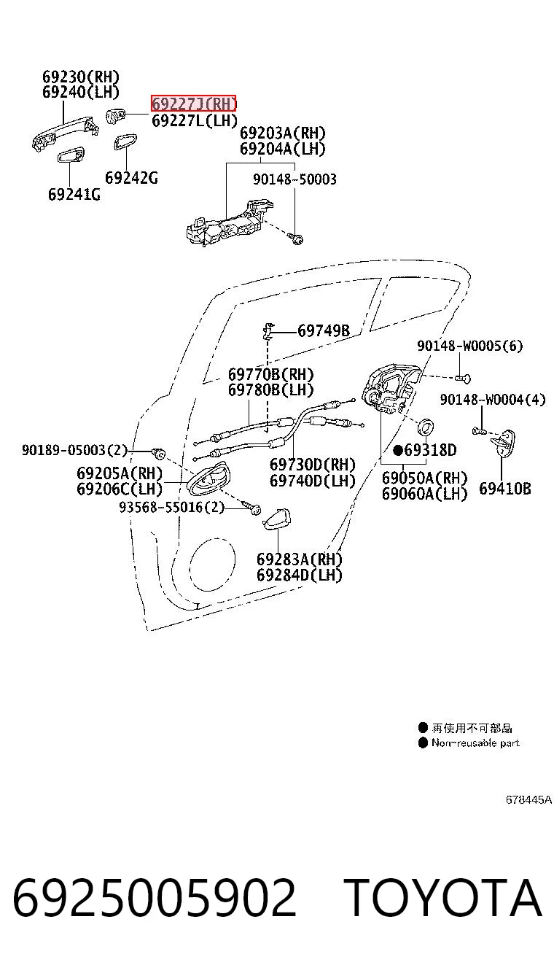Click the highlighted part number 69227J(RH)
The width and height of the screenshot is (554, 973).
193,104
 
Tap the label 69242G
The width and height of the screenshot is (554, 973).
131,178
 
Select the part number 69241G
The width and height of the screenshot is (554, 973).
74,194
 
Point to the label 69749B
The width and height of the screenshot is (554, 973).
324,331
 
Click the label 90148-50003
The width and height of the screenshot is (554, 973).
294,179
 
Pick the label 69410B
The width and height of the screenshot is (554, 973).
505,489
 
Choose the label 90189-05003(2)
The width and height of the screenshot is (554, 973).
74,449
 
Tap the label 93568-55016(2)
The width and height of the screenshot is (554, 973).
171,507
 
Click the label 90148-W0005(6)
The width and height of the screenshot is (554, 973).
469,346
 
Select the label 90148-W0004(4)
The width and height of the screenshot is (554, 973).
492,399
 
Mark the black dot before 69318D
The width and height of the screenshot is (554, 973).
398,450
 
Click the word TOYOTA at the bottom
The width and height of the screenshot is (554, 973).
443,898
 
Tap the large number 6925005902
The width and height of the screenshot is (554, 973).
155,898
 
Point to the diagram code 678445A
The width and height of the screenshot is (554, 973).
528,799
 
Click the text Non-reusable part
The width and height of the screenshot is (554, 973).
475,743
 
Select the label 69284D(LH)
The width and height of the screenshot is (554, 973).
299,575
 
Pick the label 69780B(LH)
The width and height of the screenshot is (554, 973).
270,389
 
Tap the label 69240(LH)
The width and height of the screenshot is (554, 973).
80,92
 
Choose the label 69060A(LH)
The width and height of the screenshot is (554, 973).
424,494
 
